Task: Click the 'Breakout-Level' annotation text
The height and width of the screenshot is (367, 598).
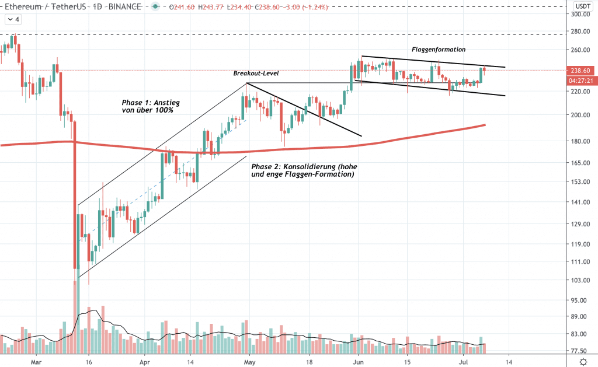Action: (256, 74)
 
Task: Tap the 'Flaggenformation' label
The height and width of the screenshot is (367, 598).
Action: (438, 50)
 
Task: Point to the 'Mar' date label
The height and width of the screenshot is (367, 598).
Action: (36, 361)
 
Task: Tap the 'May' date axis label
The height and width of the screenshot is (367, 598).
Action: (249, 361)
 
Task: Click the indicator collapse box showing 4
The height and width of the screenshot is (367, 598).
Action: (13, 19)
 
